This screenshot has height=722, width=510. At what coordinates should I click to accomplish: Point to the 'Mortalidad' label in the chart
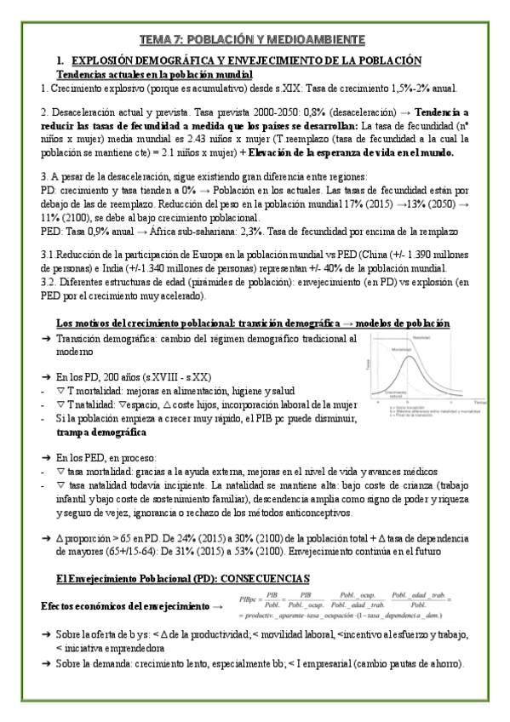[403, 351]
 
